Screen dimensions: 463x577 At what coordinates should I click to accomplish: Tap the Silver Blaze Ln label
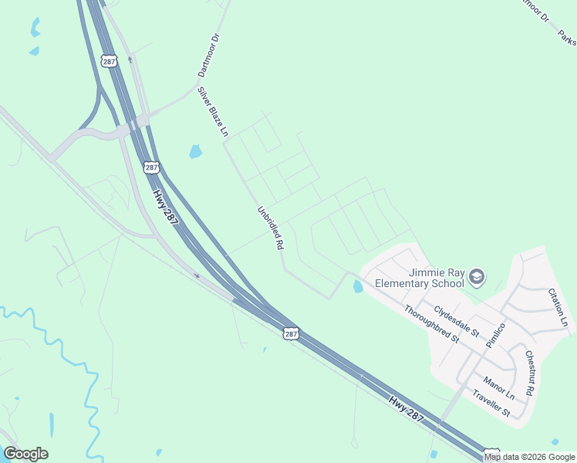[x=214, y=113]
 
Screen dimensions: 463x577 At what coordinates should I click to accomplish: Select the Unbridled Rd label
[x=271, y=227]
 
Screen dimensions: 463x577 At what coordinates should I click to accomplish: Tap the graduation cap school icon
[x=477, y=276]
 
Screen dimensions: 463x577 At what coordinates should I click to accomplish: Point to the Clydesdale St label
[x=456, y=320]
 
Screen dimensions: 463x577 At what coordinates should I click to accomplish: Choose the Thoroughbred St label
[x=432, y=323]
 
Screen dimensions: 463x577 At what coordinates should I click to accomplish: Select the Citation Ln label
[x=558, y=307]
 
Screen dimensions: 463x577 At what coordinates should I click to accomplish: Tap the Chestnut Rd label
[x=529, y=373]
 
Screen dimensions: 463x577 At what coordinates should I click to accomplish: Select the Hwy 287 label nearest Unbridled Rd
[x=165, y=208]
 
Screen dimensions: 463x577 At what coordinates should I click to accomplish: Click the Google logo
[x=25, y=454]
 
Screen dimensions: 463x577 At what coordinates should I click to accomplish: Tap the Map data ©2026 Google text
[x=529, y=457]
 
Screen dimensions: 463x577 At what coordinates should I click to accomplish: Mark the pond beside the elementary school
[x=357, y=286]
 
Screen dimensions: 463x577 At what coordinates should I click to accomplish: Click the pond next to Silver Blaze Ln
[x=196, y=151]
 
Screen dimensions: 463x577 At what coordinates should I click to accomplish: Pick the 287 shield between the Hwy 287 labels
[x=290, y=333]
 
